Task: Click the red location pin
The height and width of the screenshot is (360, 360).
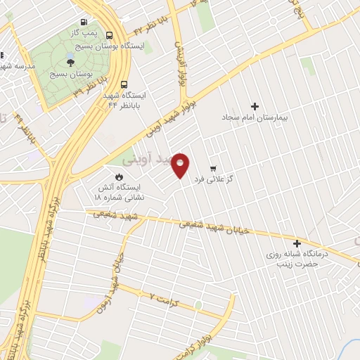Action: pos(181,165)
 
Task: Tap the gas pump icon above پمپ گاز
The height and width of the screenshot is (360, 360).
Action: pos(94,22)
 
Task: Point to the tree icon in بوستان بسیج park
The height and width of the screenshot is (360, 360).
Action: pos(70,63)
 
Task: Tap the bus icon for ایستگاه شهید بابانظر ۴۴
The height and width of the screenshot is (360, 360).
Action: pos(124,82)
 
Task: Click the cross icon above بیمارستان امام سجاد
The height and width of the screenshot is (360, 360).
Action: pos(255,105)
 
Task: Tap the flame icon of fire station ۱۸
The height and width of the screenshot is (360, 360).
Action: pos(119,176)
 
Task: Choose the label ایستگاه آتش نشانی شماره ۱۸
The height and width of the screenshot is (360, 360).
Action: pos(120,192)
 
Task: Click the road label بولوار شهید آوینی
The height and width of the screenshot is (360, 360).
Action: pos(169,112)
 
